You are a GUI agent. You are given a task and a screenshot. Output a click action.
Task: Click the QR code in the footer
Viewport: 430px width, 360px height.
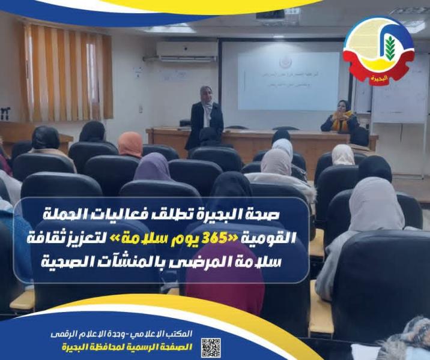point(211,347)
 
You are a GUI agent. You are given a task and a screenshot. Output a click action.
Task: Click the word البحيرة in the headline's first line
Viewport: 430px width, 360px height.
point(207,214)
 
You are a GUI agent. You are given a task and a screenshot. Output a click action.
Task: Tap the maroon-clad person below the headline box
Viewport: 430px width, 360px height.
point(225,288)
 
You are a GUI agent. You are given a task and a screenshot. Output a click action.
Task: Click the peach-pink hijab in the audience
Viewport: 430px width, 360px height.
point(130,144)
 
